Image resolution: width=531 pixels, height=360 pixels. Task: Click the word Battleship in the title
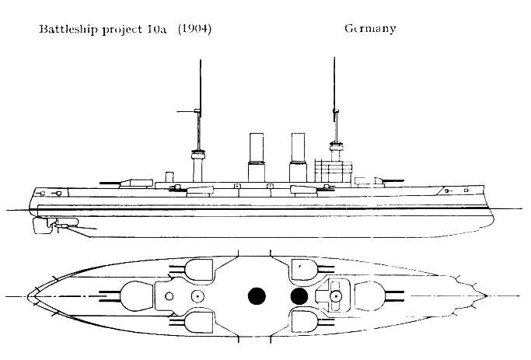(x=68, y=29)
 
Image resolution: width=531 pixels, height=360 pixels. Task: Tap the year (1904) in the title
(x=194, y=29)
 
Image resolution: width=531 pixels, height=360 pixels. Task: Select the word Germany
(x=370, y=29)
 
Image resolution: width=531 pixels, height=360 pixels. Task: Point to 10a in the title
(x=156, y=29)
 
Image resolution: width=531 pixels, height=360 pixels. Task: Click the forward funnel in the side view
(x=298, y=157)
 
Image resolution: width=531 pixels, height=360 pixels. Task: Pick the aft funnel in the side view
(x=257, y=157)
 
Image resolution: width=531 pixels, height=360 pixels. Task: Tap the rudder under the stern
(x=42, y=225)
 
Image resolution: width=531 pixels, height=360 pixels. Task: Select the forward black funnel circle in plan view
(x=299, y=296)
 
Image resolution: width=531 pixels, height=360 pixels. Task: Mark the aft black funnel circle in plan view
(x=257, y=296)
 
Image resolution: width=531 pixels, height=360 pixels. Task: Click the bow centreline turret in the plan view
(x=370, y=296)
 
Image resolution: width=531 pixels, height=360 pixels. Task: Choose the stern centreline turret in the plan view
(x=137, y=296)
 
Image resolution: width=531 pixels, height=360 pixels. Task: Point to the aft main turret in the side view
(x=136, y=183)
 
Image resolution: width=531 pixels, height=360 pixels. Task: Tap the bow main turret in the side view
(x=370, y=182)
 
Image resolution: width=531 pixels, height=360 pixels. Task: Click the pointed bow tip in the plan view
(x=487, y=295)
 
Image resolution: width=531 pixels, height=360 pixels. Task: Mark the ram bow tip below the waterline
(x=493, y=221)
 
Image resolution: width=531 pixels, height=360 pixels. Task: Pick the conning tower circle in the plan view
(x=336, y=297)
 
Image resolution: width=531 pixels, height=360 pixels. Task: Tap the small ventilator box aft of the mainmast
(x=169, y=177)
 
